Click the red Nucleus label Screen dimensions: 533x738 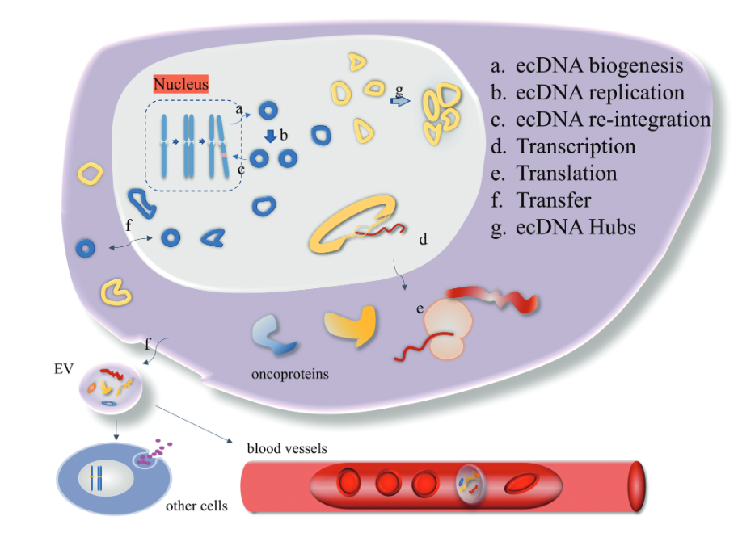point(181,84)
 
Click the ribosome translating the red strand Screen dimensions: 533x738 point(445,328)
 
